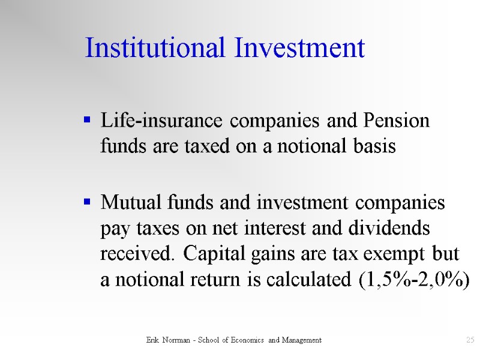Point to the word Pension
[397, 121]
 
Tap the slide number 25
[470, 340]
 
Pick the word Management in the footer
[299, 340]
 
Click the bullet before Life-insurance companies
[88, 121]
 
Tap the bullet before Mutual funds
[88, 202]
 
